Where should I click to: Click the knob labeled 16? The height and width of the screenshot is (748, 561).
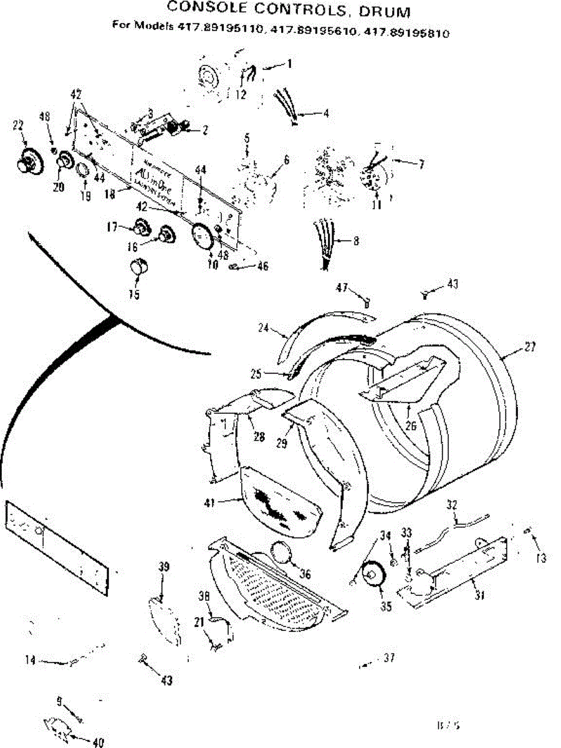(166, 236)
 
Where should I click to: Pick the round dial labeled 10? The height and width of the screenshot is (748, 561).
(201, 237)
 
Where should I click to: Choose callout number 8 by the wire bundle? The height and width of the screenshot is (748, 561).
(355, 241)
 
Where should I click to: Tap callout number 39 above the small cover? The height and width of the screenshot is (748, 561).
(163, 567)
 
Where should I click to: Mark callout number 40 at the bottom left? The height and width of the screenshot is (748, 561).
(97, 742)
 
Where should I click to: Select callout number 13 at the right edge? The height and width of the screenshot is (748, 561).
(540, 559)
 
